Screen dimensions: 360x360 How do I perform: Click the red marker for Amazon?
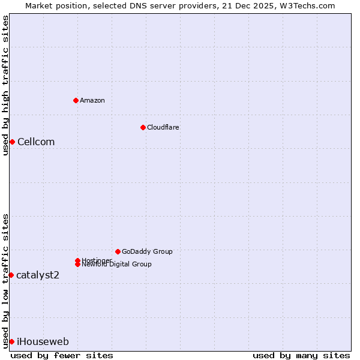pos(76,100)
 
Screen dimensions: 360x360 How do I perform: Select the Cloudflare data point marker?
pos(143,127)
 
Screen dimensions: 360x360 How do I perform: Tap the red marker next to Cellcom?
pos(12,142)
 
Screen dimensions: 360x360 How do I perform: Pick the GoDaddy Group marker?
pos(118,251)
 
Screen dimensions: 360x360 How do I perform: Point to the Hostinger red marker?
pos(77,260)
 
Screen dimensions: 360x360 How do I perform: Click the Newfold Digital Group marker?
pos(78,264)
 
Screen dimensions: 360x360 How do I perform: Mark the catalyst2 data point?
pos(11,275)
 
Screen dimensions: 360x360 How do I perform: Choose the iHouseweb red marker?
pos(11,341)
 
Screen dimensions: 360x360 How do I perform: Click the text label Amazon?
pos(92,100)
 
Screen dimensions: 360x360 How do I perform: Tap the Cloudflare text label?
pos(163,127)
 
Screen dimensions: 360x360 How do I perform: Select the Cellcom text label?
pos(36,142)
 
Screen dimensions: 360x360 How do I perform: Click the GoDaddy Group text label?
pos(147,251)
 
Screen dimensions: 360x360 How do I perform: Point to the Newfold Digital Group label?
pos(117,265)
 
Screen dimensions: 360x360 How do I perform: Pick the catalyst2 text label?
pos(38,275)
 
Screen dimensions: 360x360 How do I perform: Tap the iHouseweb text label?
pos(43,341)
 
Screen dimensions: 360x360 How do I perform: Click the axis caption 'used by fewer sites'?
pos(62,355)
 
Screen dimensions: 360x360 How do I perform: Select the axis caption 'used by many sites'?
pos(301,355)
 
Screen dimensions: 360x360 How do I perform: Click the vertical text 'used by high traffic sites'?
pos(5,85)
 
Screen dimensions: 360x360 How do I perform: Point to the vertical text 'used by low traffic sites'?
pos(5,281)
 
